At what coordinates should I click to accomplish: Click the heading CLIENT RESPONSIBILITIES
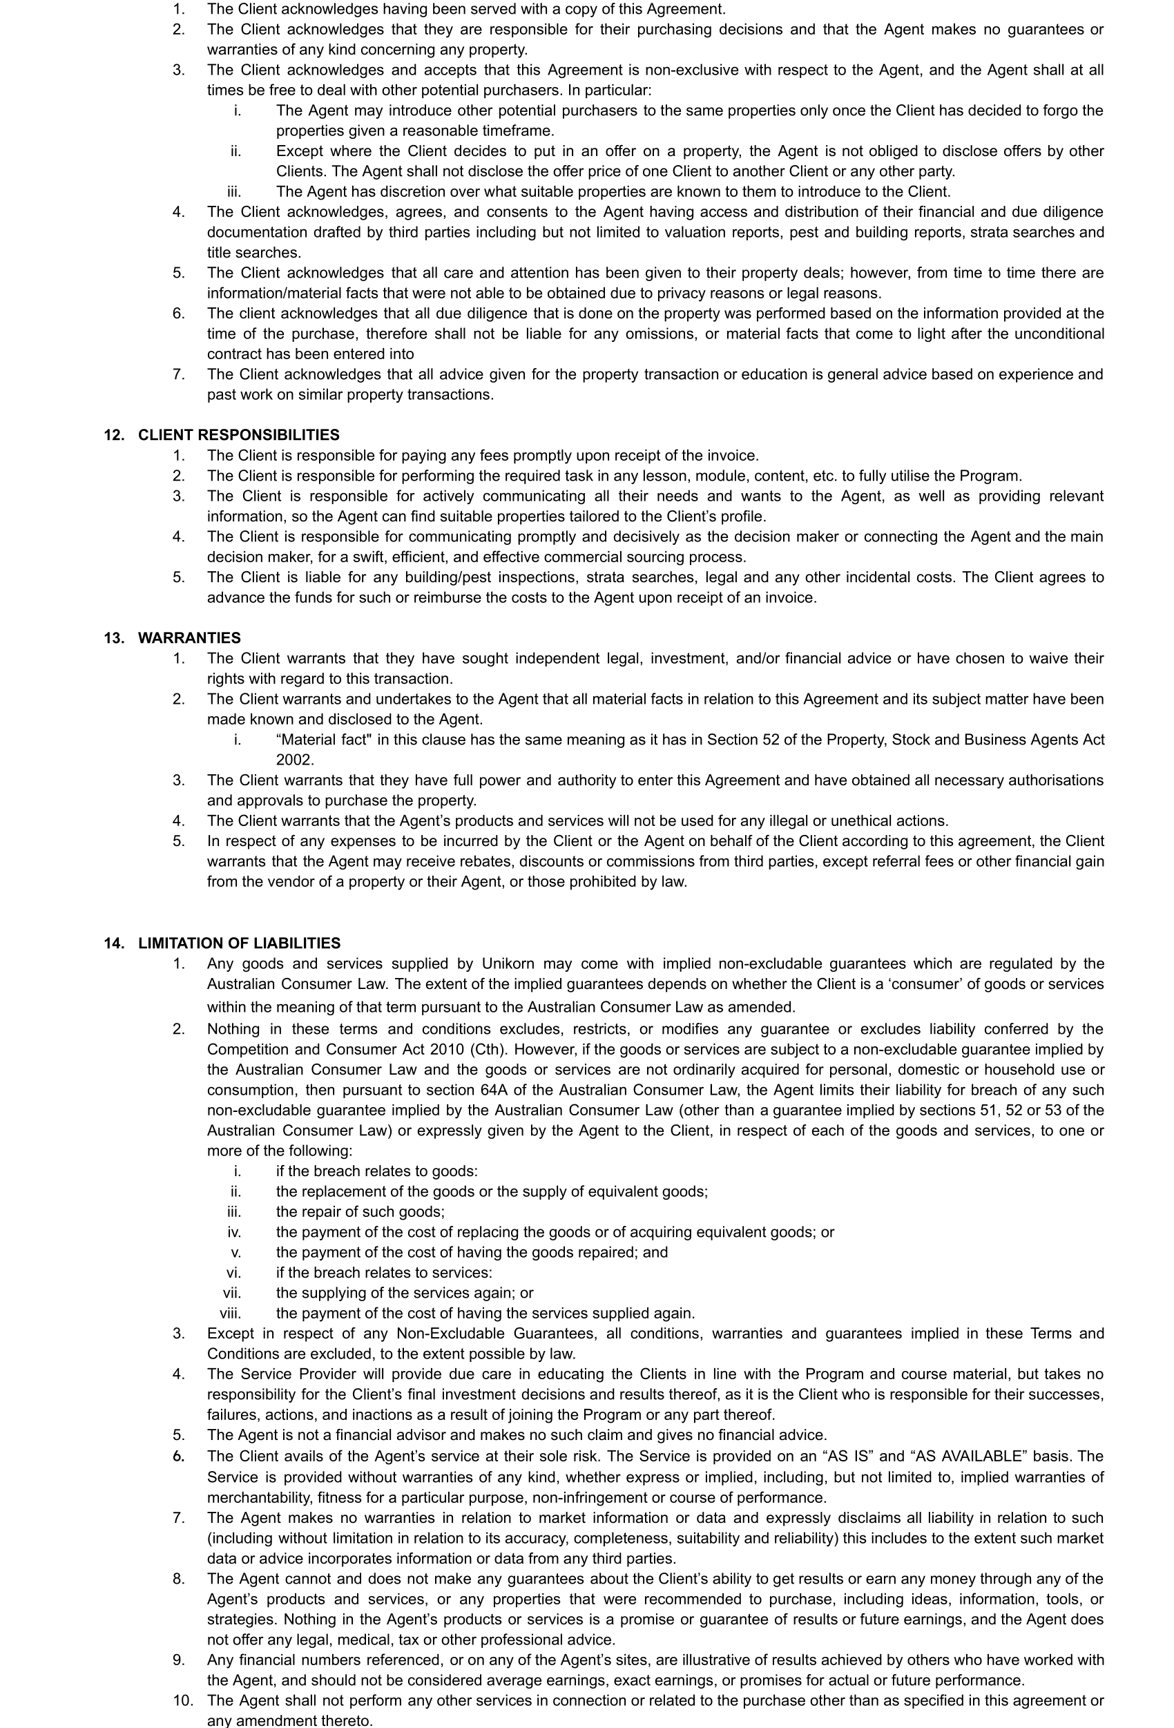point(239,435)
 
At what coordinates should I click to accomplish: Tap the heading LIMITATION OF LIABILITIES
point(239,943)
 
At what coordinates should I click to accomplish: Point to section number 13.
point(114,638)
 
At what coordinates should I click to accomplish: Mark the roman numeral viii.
point(230,1313)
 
